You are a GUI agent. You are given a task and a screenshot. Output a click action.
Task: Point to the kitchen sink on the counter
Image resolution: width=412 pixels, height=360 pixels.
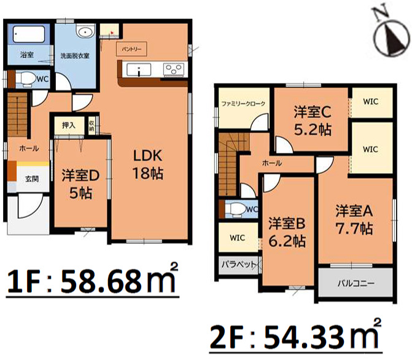[x=142, y=69]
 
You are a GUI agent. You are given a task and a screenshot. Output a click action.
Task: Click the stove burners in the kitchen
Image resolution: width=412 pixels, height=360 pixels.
[x=173, y=69]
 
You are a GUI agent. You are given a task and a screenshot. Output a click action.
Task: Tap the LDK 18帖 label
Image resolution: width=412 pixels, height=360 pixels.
[x=148, y=164]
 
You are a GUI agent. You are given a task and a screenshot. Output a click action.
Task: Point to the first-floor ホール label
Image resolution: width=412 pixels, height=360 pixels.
[x=29, y=149]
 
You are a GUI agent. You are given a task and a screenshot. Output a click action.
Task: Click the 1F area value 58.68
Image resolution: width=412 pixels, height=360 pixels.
[x=102, y=283]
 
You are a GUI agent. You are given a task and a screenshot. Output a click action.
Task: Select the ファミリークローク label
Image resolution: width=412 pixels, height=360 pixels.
[x=243, y=104]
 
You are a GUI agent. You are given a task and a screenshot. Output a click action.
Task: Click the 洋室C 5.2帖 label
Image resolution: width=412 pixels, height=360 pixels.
[x=312, y=120]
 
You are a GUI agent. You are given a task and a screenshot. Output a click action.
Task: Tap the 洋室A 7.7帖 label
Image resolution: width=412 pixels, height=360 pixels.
[x=354, y=218]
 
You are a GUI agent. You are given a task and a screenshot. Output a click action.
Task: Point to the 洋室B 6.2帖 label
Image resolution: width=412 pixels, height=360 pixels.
[x=286, y=232]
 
